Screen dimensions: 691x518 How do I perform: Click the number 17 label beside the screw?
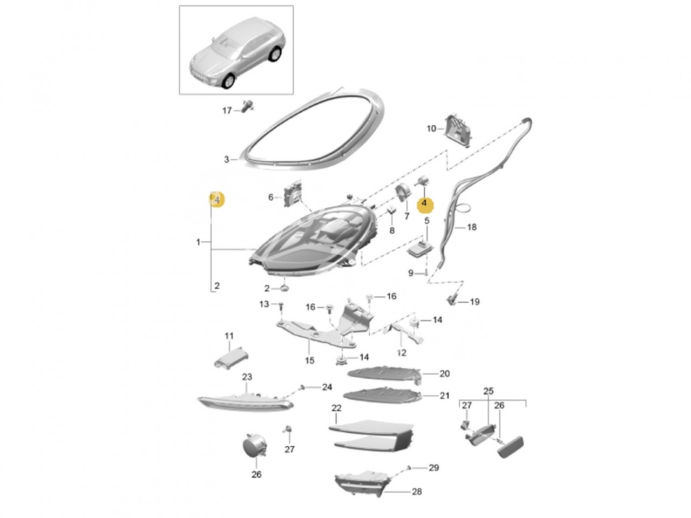[x=227, y=111]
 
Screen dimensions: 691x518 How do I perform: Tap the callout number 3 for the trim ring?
[x=226, y=160]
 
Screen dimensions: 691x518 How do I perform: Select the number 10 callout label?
[x=431, y=128]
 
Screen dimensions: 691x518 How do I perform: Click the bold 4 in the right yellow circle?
[x=424, y=203]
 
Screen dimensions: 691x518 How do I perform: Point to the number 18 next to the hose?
[x=472, y=227]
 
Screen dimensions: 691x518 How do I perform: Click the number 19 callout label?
[x=475, y=302]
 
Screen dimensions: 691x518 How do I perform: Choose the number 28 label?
[x=416, y=492]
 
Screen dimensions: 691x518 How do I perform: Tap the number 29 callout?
[x=433, y=468]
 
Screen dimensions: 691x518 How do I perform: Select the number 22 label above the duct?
[x=336, y=408]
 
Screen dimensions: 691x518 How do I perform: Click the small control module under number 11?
[x=232, y=357]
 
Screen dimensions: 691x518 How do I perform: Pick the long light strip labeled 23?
[x=245, y=403]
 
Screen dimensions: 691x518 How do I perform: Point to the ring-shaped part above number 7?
[x=403, y=194]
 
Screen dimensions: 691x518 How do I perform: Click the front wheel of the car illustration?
[x=228, y=80]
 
